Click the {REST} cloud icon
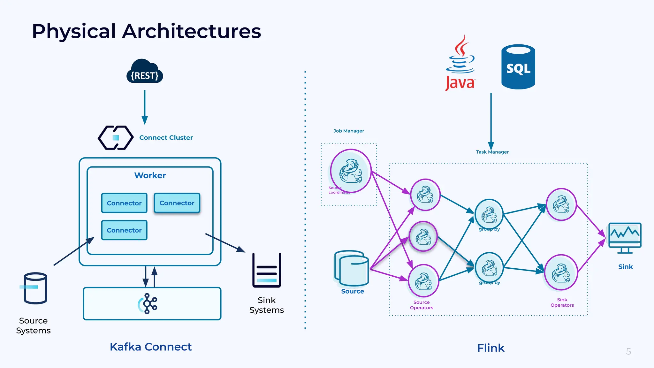[x=145, y=72]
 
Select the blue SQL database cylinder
[x=518, y=67]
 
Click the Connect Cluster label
[x=166, y=138]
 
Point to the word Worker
[x=150, y=175]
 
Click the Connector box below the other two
[x=124, y=230]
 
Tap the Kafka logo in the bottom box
[x=148, y=303]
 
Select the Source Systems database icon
[x=34, y=288]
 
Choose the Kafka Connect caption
[x=151, y=347]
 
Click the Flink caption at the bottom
[x=490, y=348]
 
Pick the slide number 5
[x=628, y=351]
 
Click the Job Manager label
[x=348, y=131]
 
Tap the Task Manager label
[x=492, y=152]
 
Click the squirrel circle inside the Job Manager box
[x=351, y=171]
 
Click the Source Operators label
[x=422, y=305]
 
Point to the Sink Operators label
[x=562, y=303]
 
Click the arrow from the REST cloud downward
[x=145, y=107]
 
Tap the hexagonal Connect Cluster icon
[x=116, y=138]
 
